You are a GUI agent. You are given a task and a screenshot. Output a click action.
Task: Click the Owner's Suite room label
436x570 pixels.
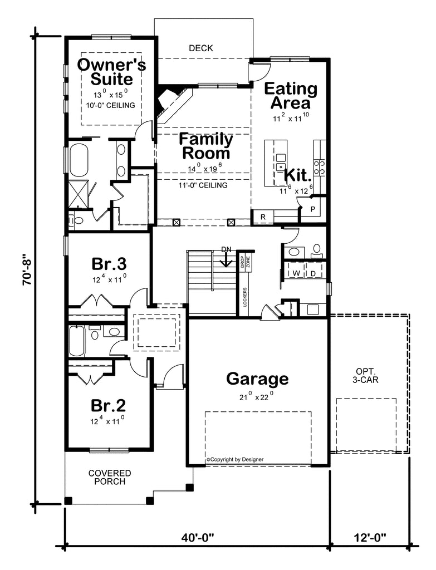(111, 71)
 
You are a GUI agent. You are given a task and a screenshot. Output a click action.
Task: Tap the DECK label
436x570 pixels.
(200, 48)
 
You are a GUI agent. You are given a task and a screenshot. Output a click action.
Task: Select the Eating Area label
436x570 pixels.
(290, 96)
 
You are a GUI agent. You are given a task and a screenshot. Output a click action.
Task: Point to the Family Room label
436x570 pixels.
(204, 146)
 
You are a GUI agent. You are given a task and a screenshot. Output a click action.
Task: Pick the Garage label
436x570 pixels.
(257, 379)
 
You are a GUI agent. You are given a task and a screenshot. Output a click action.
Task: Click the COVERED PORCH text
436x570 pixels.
(110, 477)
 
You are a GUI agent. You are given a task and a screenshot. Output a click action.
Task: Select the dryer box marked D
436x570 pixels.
(313, 273)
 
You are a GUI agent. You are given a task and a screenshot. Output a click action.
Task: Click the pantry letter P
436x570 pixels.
(312, 209)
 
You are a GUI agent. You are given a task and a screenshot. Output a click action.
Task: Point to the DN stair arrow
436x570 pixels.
(226, 257)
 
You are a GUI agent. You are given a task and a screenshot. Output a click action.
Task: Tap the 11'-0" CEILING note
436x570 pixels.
(204, 185)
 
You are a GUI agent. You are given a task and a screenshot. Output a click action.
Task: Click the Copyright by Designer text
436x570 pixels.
(235, 459)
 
